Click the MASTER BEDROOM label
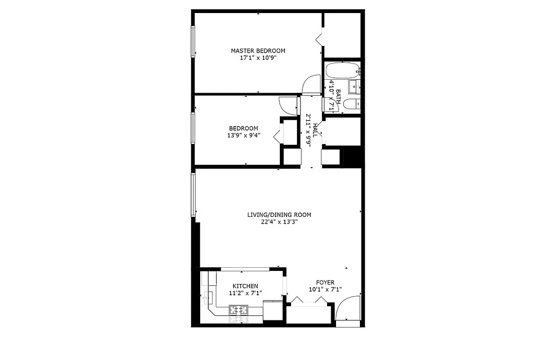(258, 50)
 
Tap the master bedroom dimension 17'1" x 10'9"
(258, 58)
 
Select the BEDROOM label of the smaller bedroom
(243, 128)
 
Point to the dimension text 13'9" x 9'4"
(243, 135)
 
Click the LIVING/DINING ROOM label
(279, 215)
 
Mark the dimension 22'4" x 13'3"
(279, 221)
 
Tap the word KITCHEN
(245, 286)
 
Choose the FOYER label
(325, 283)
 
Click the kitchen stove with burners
(239, 310)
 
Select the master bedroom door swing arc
(310, 85)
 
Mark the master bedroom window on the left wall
(193, 41)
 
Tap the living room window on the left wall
(193, 194)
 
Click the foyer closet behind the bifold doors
(310, 315)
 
